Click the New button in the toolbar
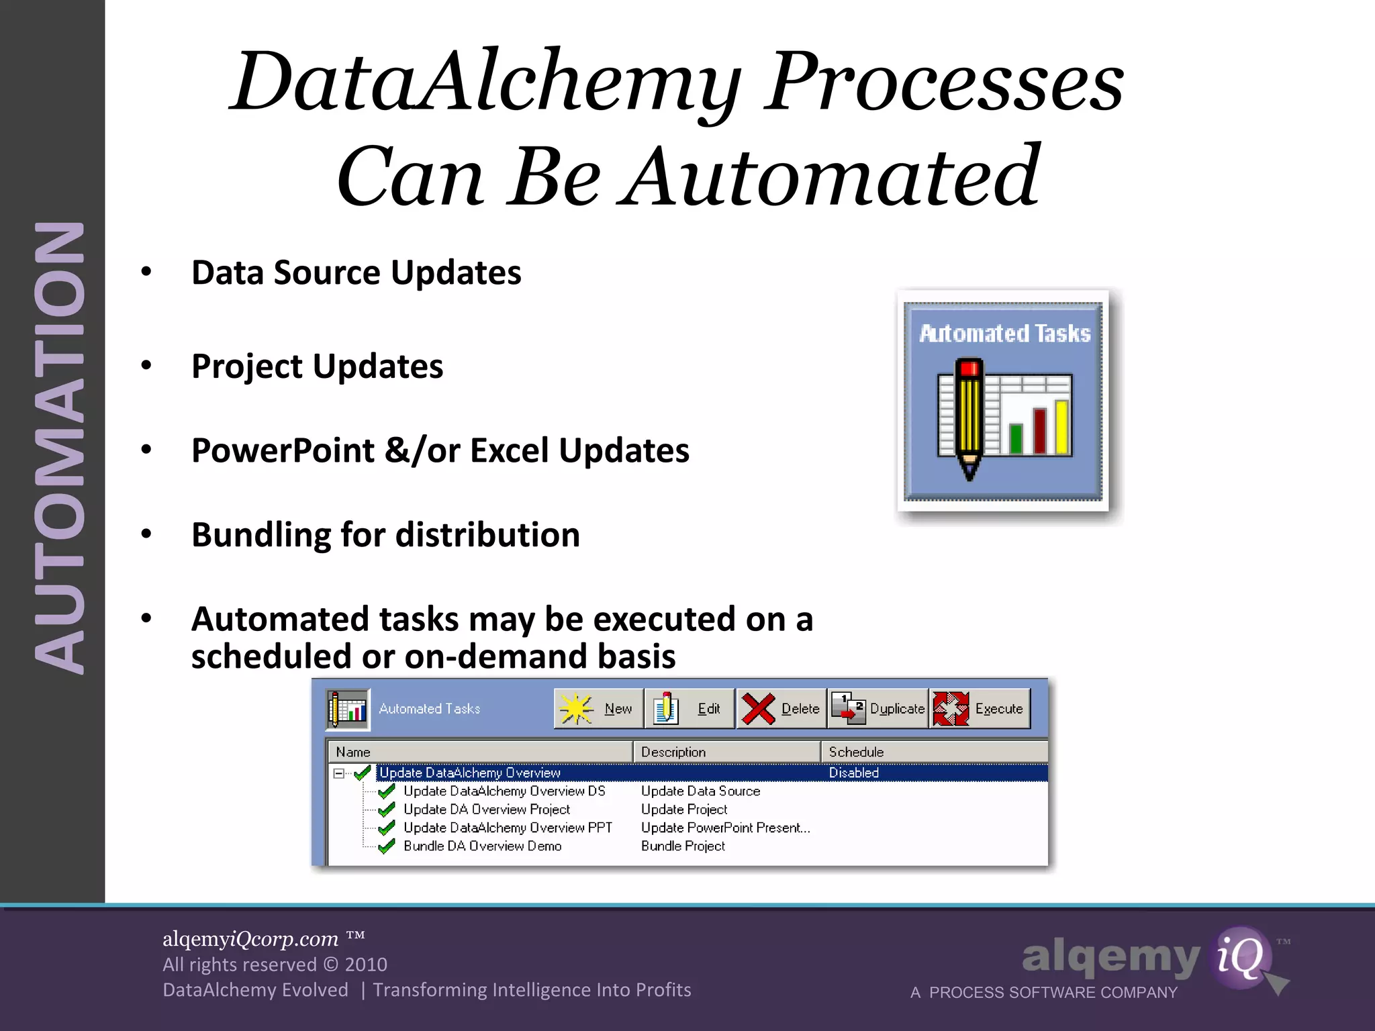point(598,709)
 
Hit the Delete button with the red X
point(781,709)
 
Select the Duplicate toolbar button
point(878,709)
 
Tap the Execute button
point(980,709)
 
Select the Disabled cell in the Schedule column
point(853,773)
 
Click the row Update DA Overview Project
point(487,809)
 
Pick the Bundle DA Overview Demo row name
point(482,846)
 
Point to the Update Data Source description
point(700,791)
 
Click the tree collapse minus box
point(339,773)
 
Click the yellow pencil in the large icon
point(969,416)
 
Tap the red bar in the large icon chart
point(1040,430)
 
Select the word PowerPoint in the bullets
point(283,450)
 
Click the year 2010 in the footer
point(365,965)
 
